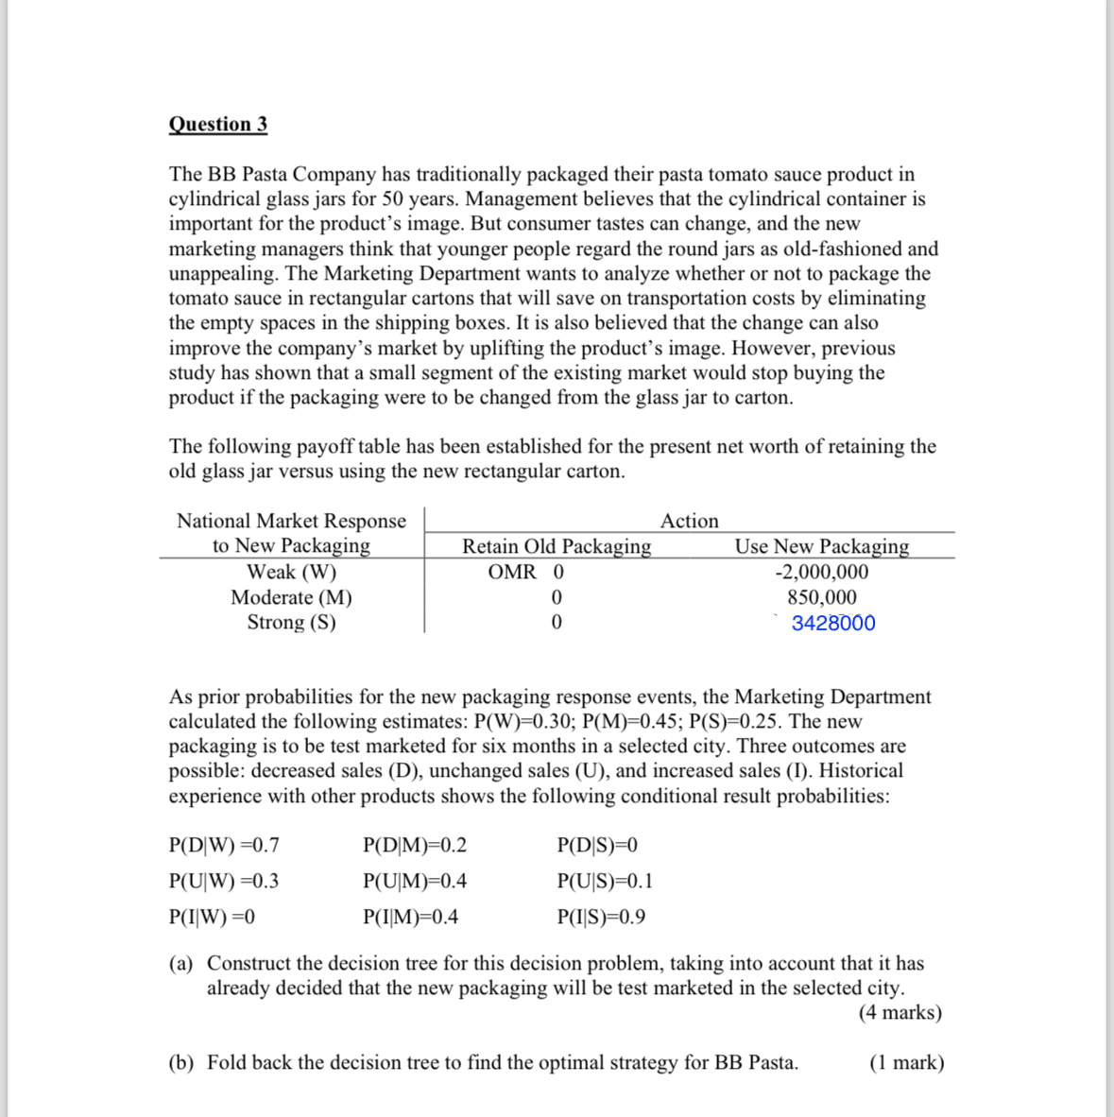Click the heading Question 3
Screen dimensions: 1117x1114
point(217,125)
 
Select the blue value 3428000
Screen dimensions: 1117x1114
point(832,623)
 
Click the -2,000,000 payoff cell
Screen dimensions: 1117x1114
point(821,572)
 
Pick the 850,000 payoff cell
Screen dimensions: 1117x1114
point(821,597)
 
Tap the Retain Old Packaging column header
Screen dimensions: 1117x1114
point(556,546)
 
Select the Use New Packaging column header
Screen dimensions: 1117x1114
point(821,546)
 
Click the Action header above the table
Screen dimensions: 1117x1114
point(689,521)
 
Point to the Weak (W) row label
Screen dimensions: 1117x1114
point(291,572)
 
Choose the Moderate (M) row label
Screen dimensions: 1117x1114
point(291,597)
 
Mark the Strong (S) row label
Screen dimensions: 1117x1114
point(291,622)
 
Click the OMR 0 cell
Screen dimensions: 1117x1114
point(525,572)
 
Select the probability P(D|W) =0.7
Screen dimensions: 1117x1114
point(224,845)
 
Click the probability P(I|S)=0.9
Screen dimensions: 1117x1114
point(601,917)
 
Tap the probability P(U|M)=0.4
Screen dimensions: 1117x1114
point(414,882)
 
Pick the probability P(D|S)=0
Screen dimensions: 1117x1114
point(597,845)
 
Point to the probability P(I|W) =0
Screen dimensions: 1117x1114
point(212,917)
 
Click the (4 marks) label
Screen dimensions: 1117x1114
point(900,1013)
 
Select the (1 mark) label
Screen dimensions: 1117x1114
point(905,1062)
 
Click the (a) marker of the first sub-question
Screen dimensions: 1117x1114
point(180,963)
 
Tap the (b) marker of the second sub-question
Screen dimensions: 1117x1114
point(180,1062)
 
